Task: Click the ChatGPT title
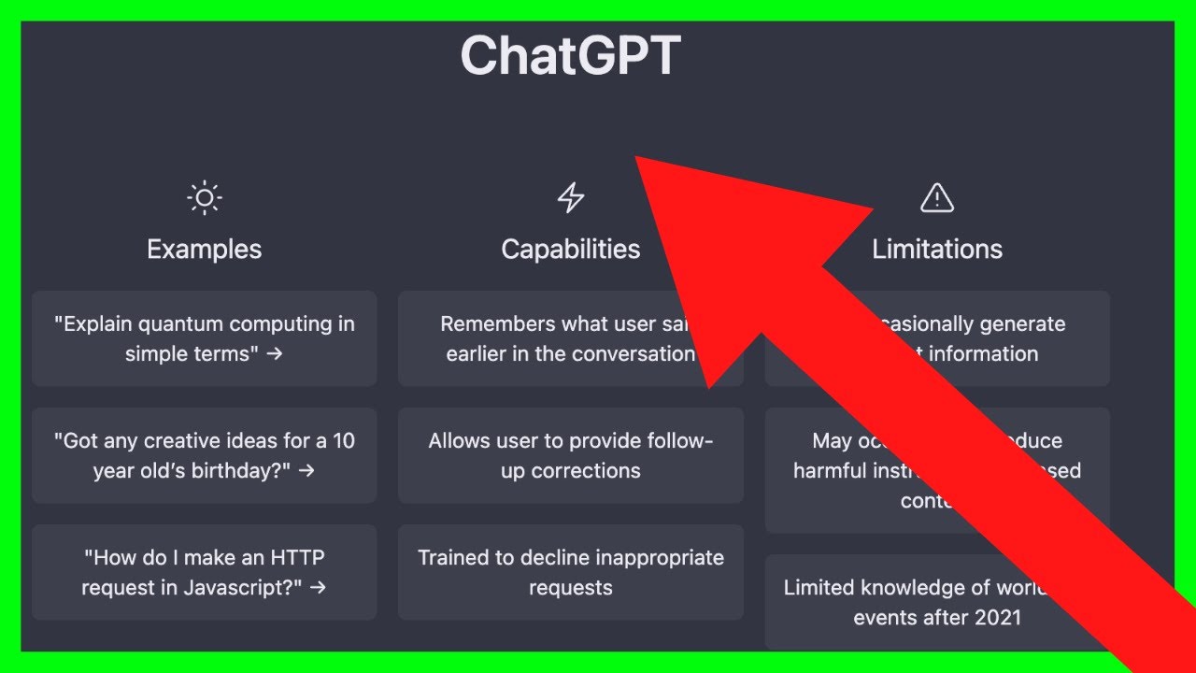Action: pos(570,56)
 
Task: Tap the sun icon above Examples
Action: pos(205,198)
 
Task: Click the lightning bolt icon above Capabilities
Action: pos(571,198)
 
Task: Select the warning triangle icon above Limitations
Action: pos(936,198)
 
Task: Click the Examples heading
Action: pos(205,250)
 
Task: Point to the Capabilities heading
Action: pos(571,250)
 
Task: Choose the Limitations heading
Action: pos(937,250)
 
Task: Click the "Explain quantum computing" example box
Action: pos(205,338)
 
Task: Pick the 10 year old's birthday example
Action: pos(205,455)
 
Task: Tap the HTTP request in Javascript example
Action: pos(205,572)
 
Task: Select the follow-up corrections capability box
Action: pos(571,455)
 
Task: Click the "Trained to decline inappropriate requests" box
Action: pos(571,572)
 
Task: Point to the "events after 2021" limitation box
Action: pos(897,603)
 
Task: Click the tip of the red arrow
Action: pos(638,158)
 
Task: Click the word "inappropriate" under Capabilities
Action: pos(648,558)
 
